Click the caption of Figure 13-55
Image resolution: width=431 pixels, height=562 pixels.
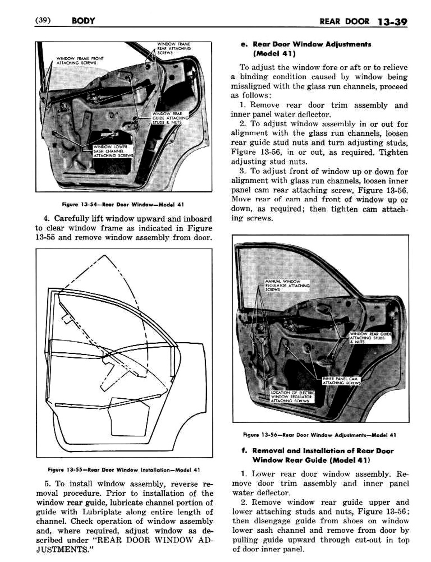click(x=124, y=470)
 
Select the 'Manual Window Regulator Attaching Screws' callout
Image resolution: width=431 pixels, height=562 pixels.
click(x=287, y=285)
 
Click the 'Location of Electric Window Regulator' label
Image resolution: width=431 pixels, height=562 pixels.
click(x=292, y=396)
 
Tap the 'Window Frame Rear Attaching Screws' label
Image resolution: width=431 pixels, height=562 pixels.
click(x=174, y=48)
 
